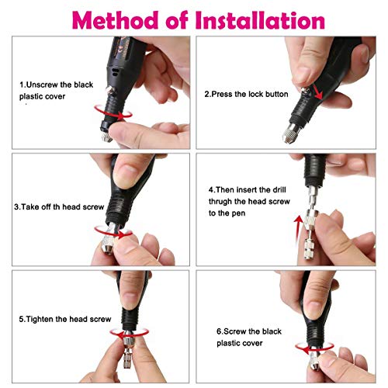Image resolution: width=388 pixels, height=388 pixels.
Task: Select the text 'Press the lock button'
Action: (247, 94)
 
